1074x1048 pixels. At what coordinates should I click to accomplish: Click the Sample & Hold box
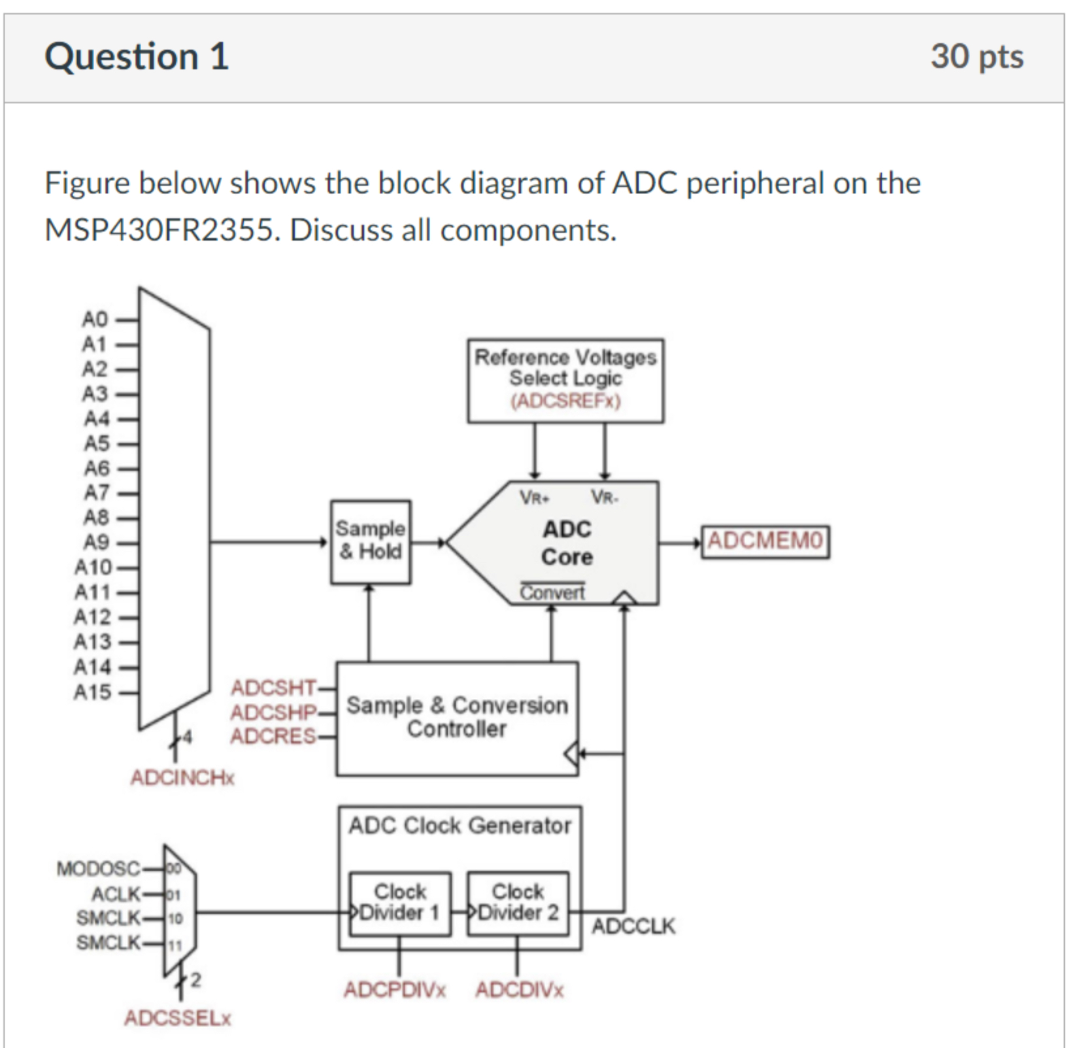pos(371,541)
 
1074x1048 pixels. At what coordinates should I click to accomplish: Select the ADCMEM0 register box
pos(765,541)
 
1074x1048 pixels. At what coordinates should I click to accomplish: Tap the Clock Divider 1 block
pos(399,903)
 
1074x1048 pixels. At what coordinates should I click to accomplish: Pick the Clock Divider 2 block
pos(518,903)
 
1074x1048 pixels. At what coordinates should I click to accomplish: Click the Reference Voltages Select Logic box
pos(565,380)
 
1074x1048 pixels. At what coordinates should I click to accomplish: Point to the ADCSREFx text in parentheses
pos(565,401)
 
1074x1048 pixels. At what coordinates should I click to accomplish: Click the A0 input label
pos(95,320)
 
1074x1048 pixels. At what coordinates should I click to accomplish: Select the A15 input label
pos(92,692)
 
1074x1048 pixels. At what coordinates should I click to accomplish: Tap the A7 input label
pos(96,493)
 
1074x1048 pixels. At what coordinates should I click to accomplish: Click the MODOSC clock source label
pos(98,868)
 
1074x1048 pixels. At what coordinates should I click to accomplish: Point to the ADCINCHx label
pos(182,777)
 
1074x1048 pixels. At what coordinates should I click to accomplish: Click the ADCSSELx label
pos(178,1018)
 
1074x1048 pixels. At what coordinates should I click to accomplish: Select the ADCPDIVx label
pos(395,990)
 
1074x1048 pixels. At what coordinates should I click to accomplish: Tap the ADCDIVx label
pos(520,990)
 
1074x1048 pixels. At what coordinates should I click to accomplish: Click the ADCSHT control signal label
pos(273,688)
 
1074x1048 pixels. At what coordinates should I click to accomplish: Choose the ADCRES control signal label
pos(273,737)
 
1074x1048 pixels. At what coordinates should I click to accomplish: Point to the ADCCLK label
pos(633,926)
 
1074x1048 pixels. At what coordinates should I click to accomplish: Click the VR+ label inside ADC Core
pos(535,498)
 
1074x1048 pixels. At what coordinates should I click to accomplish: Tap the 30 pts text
pos(977,57)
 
